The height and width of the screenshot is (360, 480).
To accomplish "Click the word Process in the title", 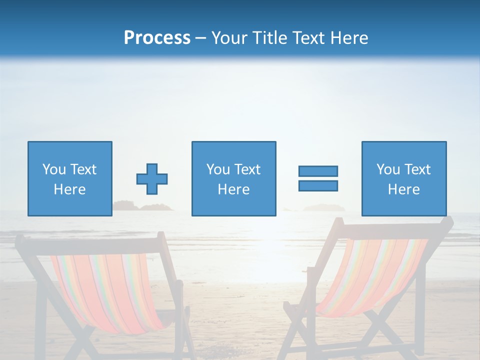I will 157,38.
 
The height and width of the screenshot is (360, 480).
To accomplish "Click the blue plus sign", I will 152,179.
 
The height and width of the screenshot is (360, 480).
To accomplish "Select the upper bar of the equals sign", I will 318,171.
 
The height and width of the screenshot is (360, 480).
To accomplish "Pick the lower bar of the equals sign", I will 318,186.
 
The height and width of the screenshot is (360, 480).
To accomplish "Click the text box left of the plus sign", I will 70,178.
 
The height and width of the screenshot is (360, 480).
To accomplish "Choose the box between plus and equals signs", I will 233,178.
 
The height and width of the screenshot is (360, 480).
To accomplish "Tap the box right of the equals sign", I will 404,178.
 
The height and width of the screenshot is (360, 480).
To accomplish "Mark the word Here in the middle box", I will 233,189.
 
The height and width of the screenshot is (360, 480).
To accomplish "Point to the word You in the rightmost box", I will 388,169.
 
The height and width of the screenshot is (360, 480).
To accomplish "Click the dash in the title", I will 200,38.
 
